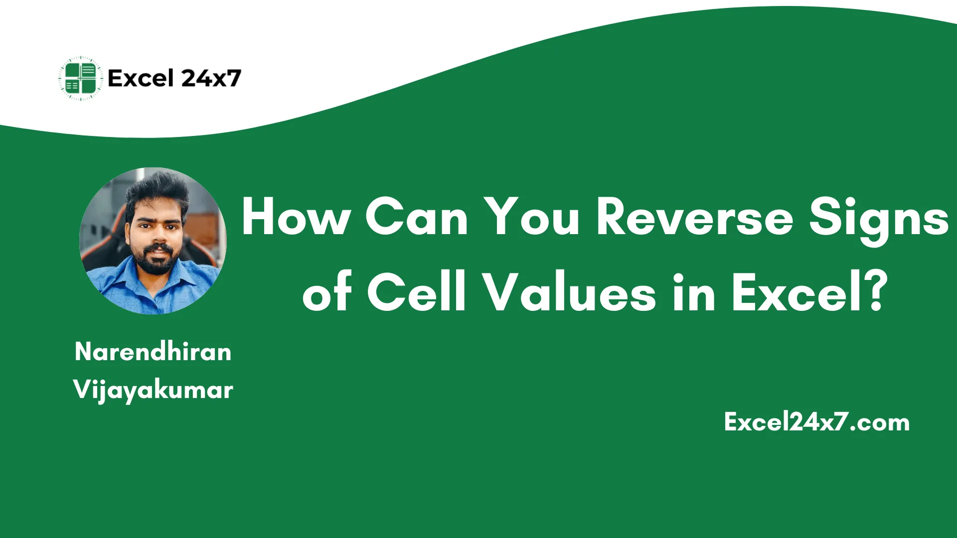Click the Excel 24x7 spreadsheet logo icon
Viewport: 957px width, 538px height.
81,78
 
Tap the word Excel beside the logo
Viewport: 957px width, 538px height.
141,78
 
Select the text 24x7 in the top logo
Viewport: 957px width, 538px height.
211,78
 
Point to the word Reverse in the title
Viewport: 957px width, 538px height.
694,217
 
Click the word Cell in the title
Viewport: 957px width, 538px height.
416,293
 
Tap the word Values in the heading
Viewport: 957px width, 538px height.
570,293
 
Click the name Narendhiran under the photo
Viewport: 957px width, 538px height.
153,352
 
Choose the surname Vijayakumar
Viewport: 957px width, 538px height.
153,390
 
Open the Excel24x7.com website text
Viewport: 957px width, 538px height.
816,422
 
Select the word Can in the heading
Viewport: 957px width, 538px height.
417,217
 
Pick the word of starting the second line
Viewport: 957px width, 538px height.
327,293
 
